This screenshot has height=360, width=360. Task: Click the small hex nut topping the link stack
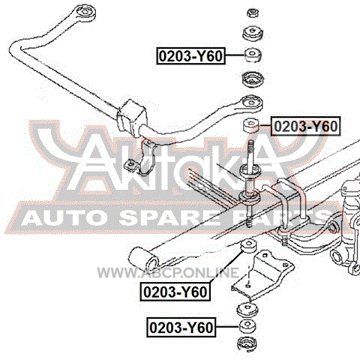[253, 13]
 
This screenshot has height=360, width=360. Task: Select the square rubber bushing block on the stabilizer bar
[131, 116]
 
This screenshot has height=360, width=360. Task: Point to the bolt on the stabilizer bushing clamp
[130, 165]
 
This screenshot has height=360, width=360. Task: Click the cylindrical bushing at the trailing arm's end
[145, 260]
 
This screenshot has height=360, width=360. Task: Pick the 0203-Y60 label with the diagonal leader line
[175, 292]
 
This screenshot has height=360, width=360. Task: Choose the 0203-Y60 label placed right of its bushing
[306, 126]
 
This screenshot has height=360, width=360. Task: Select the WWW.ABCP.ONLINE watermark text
[168, 272]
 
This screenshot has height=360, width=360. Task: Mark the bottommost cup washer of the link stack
[247, 344]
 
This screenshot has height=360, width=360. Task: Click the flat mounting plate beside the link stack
[262, 275]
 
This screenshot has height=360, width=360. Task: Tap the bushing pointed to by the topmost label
[253, 55]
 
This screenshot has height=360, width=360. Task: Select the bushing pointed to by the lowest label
[247, 326]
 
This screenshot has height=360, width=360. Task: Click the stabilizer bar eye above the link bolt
[252, 103]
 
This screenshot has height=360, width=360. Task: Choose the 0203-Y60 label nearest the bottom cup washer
[181, 327]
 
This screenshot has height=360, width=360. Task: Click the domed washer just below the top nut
[253, 32]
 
